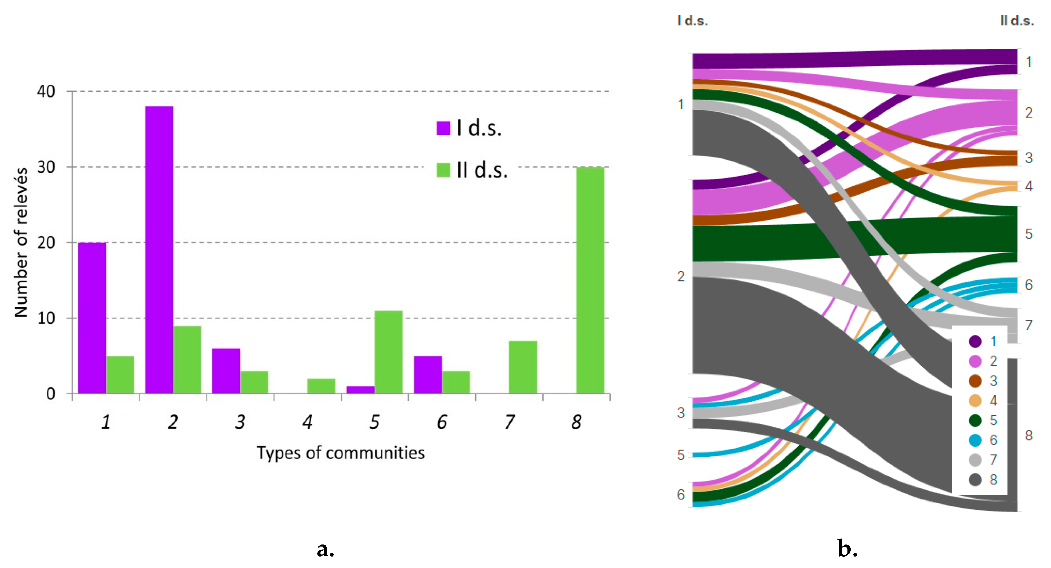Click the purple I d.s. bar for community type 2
pyautogui.click(x=159, y=250)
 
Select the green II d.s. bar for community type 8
pyautogui.click(x=590, y=280)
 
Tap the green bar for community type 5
pyautogui.click(x=388, y=352)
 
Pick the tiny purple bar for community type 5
pyautogui.click(x=361, y=390)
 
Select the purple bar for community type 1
pyautogui.click(x=92, y=318)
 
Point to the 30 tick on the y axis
pyautogui.click(x=46, y=167)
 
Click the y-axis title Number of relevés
pyautogui.click(x=21, y=242)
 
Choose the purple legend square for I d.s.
pyautogui.click(x=443, y=128)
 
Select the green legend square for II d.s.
pyautogui.click(x=443, y=170)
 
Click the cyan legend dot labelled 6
pyautogui.click(x=975, y=440)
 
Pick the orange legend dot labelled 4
pyautogui.click(x=975, y=400)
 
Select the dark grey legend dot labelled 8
pyautogui.click(x=975, y=480)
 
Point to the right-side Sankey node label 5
pyautogui.click(x=1029, y=234)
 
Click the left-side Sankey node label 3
pyautogui.click(x=681, y=413)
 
